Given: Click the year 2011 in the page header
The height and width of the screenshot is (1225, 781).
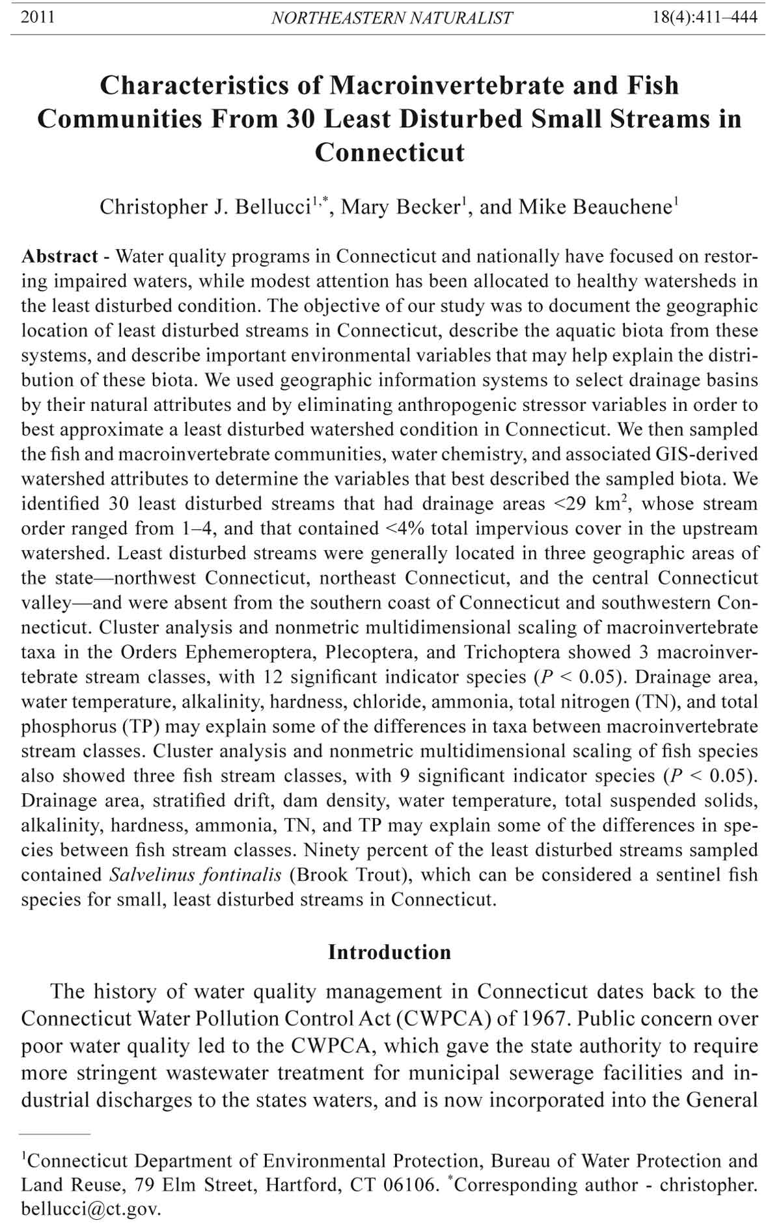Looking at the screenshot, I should pos(38,17).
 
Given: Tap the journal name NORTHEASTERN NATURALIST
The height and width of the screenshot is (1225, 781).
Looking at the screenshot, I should pos(391,18).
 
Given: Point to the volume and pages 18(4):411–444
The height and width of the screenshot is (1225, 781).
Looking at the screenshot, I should pos(705,17).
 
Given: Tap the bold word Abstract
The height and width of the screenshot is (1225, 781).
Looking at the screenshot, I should pos(60,256).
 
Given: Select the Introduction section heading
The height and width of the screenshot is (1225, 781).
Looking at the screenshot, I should pos(389,952).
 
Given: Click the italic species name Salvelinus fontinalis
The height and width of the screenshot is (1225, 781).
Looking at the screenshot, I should pos(195,875).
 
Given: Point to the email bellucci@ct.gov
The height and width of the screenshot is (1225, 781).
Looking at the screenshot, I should pos(90,1209).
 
